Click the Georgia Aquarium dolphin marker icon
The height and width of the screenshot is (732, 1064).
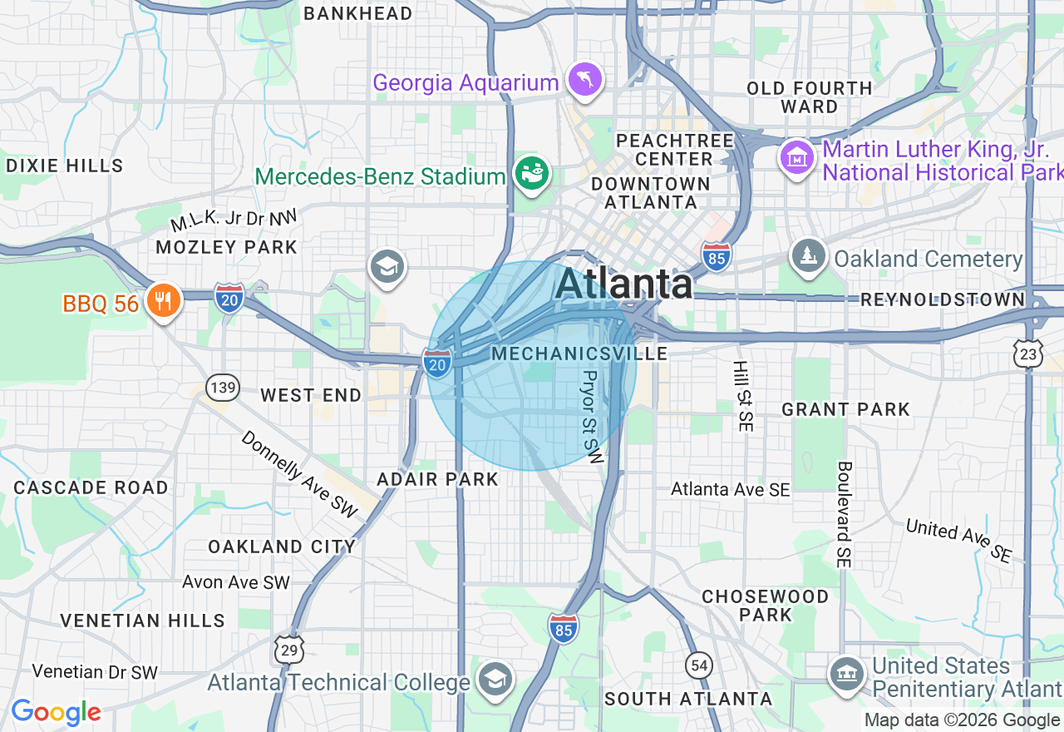(585, 81)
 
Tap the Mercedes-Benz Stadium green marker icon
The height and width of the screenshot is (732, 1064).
(531, 174)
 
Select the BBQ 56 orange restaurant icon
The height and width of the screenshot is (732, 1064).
(164, 300)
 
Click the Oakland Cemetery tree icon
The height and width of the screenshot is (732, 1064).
(807, 255)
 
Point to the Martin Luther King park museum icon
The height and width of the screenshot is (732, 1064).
(796, 156)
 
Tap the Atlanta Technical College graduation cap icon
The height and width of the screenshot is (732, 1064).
(495, 679)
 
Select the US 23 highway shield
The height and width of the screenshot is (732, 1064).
(1028, 354)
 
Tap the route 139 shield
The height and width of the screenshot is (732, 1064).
(224, 387)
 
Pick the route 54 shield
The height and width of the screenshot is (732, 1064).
(700, 664)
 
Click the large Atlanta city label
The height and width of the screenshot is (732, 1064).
(623, 284)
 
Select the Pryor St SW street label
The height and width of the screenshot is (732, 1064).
(591, 417)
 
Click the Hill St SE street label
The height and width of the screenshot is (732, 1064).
(741, 396)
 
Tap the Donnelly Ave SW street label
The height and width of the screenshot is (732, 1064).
(298, 475)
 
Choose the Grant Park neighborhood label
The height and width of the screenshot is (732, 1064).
(845, 409)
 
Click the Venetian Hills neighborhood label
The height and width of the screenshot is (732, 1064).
(142, 621)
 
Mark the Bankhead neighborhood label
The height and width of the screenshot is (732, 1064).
(358, 13)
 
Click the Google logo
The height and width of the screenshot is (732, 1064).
(56, 712)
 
